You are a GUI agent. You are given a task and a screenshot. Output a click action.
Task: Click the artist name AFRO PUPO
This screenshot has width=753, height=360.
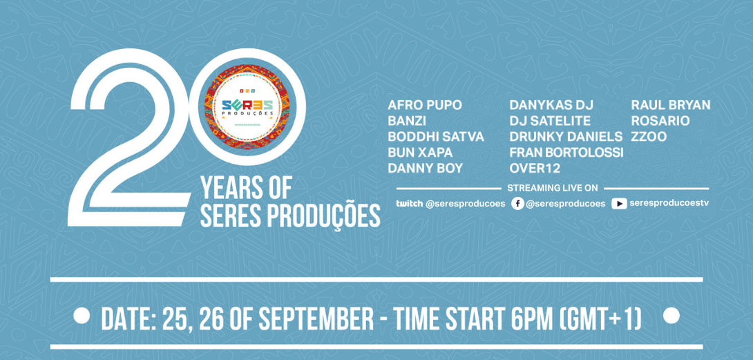[425, 105]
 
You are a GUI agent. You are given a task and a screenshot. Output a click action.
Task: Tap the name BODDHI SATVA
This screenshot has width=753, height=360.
[436, 137]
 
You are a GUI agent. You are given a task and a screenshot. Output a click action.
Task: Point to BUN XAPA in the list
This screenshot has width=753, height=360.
[420, 153]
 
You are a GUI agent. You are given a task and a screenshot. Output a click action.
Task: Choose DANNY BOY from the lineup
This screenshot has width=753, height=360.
[426, 168]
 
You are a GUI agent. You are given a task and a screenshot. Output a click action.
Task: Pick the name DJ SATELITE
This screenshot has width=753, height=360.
[551, 121]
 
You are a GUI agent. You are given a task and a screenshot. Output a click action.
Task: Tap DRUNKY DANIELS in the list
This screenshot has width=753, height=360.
[566, 137]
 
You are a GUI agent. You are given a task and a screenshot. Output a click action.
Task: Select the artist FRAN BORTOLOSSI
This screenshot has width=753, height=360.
[566, 153]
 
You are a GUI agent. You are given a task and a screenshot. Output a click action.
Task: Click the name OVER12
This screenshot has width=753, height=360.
[535, 168]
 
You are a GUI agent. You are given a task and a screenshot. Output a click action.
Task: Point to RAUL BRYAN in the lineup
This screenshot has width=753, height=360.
[671, 105]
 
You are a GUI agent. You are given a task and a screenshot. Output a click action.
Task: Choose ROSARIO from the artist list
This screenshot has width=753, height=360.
[660, 121]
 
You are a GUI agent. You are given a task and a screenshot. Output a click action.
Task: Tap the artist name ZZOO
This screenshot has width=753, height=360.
[649, 137]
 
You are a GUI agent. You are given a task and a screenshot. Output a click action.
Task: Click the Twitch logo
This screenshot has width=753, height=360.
[409, 203]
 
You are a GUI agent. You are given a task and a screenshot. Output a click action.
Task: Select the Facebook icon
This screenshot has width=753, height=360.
[517, 204]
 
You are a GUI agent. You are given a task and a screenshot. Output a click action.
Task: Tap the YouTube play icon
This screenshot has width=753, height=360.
[619, 204]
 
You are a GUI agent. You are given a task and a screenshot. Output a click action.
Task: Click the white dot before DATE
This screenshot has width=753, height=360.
[82, 316]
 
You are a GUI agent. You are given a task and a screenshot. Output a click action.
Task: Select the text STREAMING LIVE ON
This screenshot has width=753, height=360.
[552, 188]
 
